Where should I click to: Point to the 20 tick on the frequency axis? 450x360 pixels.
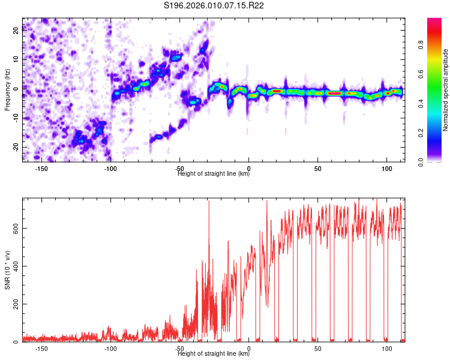(17, 30)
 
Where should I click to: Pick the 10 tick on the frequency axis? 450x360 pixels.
(17, 59)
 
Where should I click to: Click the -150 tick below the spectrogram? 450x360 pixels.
(42, 169)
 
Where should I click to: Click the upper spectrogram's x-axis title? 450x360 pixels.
(214, 174)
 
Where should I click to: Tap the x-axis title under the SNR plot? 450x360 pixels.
(214, 354)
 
